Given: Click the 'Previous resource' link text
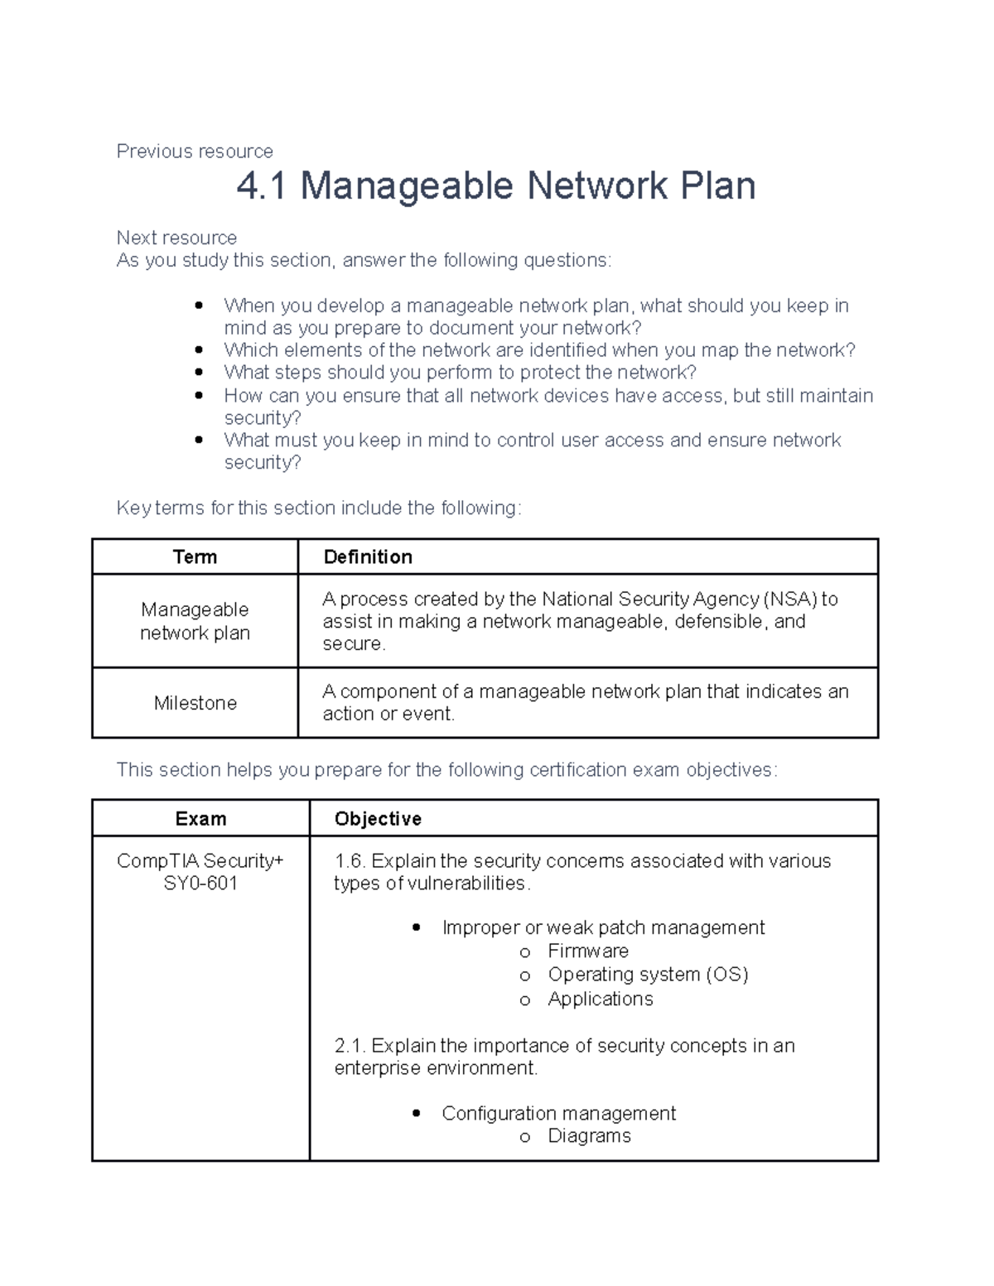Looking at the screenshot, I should tap(195, 152).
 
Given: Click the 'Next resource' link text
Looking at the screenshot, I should tap(176, 238).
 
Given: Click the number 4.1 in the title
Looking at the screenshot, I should tap(261, 185).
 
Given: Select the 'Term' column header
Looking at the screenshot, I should tap(195, 557).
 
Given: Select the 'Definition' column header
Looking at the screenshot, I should tap(368, 557).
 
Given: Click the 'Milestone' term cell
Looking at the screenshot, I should tap(195, 703).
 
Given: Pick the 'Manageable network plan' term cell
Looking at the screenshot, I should tap(195, 621).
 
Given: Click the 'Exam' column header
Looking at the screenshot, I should tap(200, 819).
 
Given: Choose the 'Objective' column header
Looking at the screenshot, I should tap(378, 819).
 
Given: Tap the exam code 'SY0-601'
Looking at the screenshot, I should tap(200, 884).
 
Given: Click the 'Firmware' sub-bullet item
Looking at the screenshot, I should tap(588, 951).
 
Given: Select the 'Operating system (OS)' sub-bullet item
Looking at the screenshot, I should tap(648, 975).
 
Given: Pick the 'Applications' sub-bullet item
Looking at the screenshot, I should tap(601, 999).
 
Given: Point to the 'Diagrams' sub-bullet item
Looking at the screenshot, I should tap(589, 1136).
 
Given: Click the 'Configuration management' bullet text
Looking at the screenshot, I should tap(558, 1114).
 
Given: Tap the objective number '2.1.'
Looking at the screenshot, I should tap(350, 1046).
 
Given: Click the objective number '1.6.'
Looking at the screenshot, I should tap(350, 861).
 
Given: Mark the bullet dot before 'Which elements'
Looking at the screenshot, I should tap(199, 350).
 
